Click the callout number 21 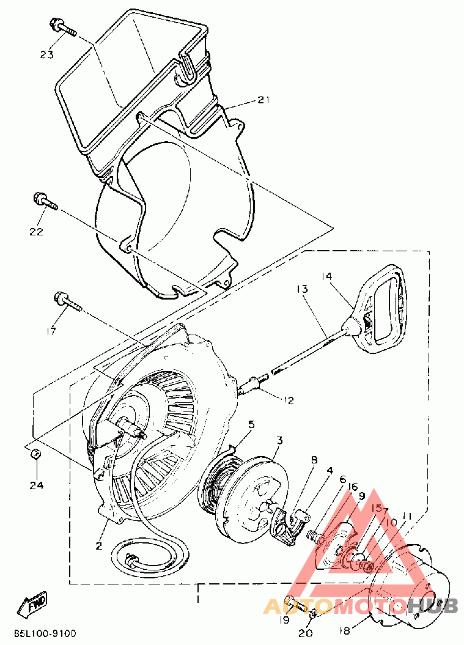[x=263, y=100]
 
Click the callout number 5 [x=251, y=424]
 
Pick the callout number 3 [x=279, y=440]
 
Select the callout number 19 [x=284, y=620]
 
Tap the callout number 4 [x=330, y=471]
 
